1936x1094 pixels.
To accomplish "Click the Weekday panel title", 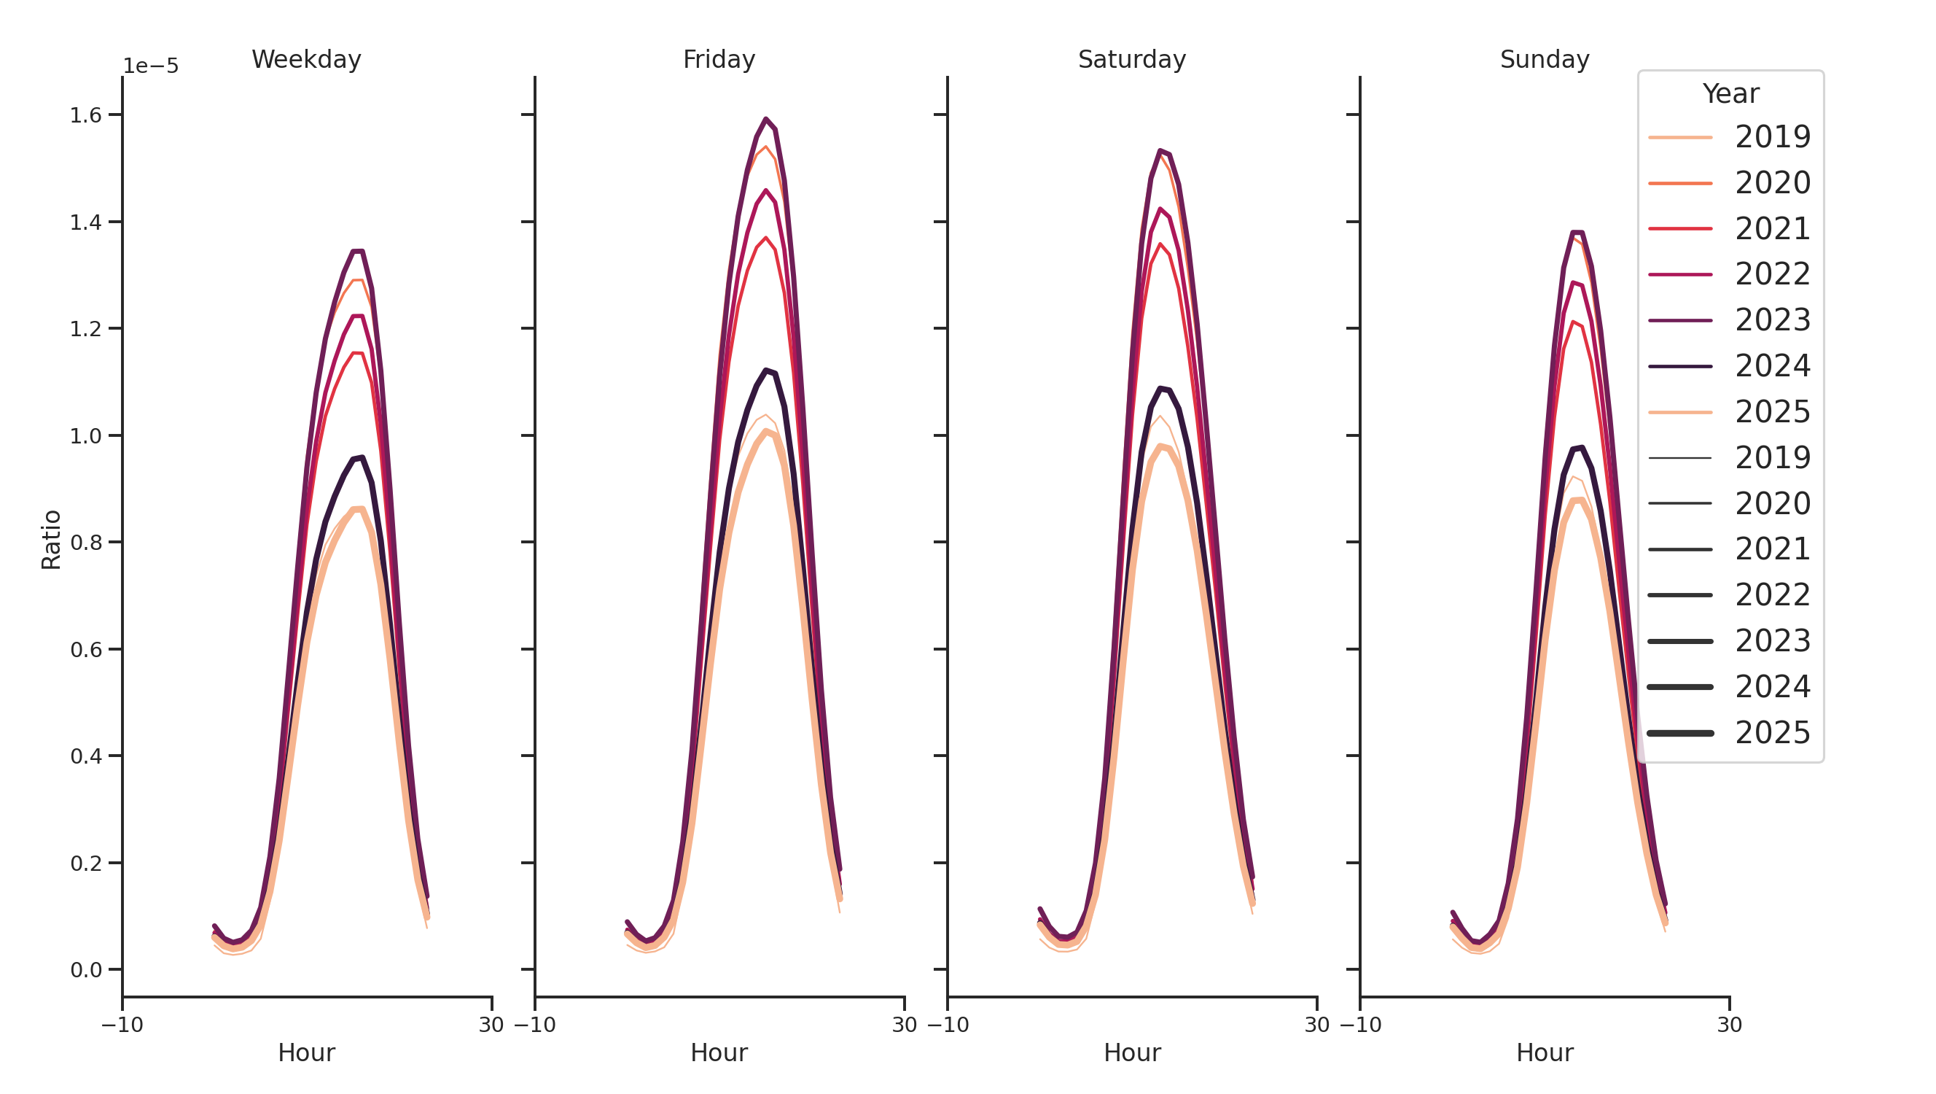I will [306, 59].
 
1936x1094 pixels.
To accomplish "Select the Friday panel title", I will [719, 59].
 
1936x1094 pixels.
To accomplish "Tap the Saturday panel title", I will [1131, 59].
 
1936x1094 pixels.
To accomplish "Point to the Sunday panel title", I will [1544, 59].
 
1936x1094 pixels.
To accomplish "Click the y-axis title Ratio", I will [51, 539].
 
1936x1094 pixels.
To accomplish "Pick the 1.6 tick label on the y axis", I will [85, 115].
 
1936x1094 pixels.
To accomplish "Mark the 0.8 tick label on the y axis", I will [85, 542].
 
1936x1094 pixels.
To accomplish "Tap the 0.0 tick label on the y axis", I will [85, 970].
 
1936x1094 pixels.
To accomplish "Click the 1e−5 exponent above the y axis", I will [150, 66].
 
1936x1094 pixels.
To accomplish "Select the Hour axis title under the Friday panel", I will [719, 1052].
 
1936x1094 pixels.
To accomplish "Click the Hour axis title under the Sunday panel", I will [1544, 1052].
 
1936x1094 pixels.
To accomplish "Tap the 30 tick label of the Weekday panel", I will [491, 1025].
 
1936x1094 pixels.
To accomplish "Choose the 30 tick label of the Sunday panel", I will [1728, 1025].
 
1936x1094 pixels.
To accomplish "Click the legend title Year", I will [1730, 94].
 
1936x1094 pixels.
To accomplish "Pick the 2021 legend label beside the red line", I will [1772, 228].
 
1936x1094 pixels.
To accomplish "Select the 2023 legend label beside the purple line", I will [1772, 320].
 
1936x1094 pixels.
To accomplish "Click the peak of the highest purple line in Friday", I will [765, 119].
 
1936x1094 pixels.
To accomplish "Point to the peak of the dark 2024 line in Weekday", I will [362, 457].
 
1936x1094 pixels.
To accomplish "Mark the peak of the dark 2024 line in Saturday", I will [1160, 388].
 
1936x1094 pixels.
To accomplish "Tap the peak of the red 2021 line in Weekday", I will [358, 354].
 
